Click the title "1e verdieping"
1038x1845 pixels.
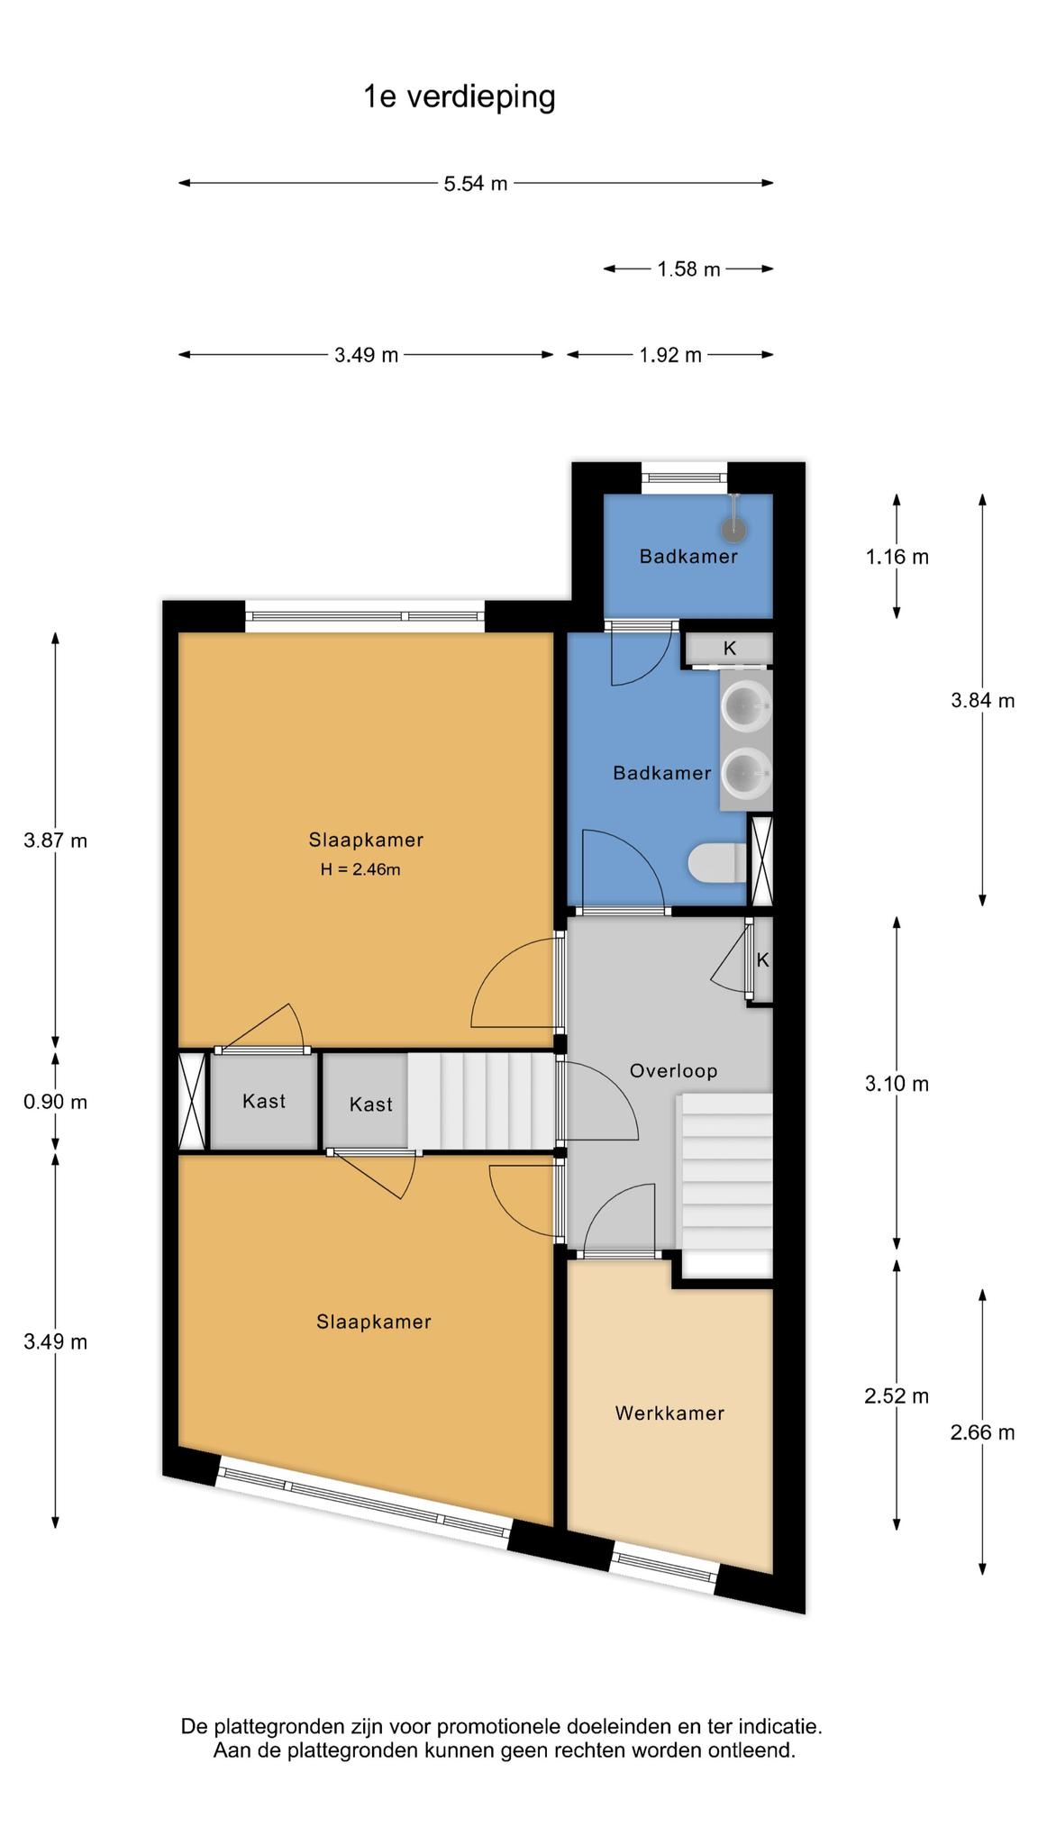460,97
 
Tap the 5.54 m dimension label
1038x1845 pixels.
476,184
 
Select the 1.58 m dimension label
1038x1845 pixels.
688,269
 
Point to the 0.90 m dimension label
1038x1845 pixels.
55,1102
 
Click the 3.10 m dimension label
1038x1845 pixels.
897,1084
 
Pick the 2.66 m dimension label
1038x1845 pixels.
982,1432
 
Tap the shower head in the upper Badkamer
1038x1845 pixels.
737,529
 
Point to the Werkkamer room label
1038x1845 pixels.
669,1413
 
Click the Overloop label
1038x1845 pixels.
673,1071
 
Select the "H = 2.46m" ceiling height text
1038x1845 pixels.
360,869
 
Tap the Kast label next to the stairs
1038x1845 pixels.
371,1104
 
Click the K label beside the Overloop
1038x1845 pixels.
762,960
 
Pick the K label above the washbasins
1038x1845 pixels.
730,648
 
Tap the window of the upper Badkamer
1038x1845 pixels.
684,478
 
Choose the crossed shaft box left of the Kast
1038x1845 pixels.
192,1102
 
